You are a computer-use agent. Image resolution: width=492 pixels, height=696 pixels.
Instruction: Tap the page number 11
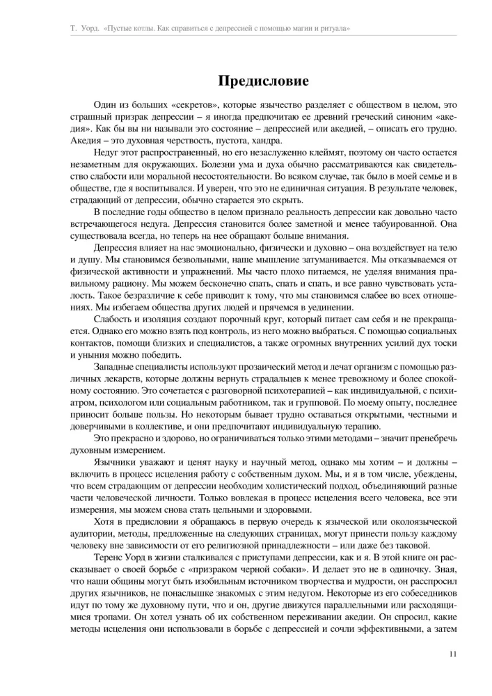click(x=452, y=654)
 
